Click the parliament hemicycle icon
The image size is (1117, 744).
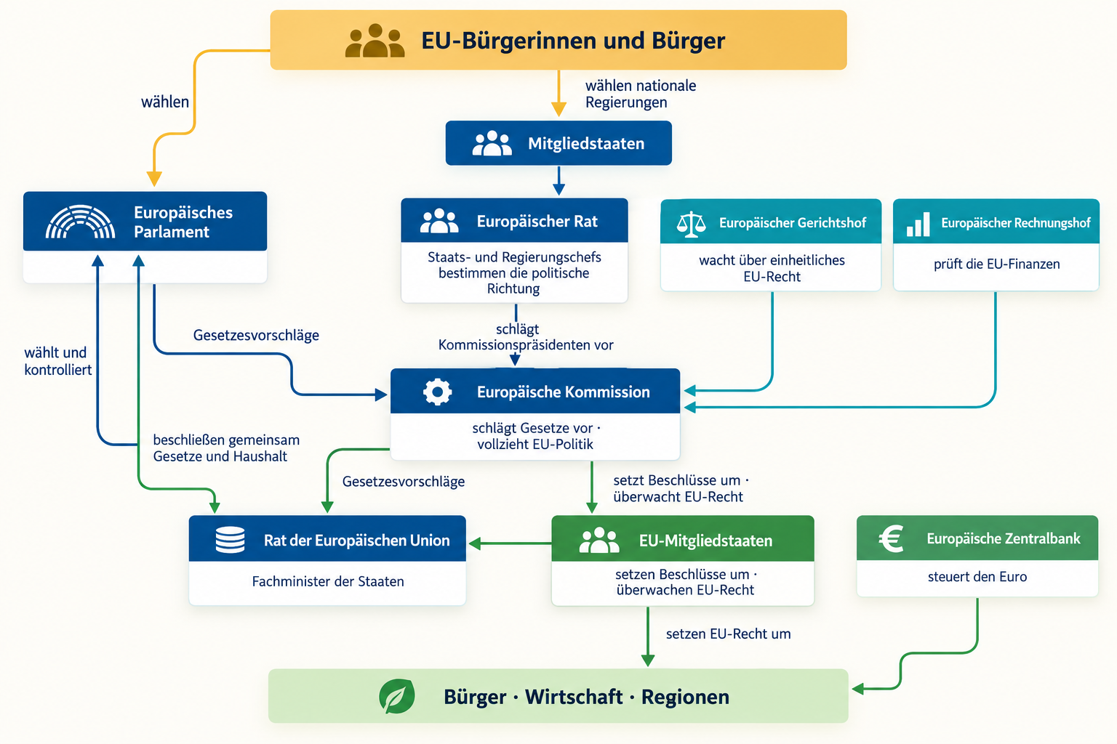(x=80, y=222)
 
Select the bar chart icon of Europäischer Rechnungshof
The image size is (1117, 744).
(x=918, y=224)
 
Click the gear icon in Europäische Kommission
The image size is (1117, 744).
(x=437, y=392)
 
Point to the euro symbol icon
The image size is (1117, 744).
(x=891, y=538)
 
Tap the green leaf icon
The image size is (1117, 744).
(x=397, y=696)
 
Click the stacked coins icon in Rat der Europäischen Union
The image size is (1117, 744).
(x=230, y=540)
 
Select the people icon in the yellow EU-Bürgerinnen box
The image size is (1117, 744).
(x=375, y=41)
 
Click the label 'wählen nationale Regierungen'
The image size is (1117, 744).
(x=641, y=94)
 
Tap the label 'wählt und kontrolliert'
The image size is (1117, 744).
(x=58, y=361)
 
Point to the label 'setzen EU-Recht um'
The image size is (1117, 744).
(x=728, y=634)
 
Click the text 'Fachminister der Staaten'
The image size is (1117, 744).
(x=328, y=581)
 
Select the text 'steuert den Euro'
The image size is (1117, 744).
(x=977, y=577)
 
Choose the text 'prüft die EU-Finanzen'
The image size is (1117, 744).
(x=997, y=264)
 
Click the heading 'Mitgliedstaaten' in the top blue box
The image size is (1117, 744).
(x=586, y=144)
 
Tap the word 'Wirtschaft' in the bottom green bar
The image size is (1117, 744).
(x=574, y=697)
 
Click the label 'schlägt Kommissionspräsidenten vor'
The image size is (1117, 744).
(x=526, y=337)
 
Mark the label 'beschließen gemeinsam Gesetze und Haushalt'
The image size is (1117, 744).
(x=226, y=448)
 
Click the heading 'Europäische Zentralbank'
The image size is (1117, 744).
(x=1004, y=538)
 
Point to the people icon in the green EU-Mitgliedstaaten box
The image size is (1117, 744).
(x=599, y=540)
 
